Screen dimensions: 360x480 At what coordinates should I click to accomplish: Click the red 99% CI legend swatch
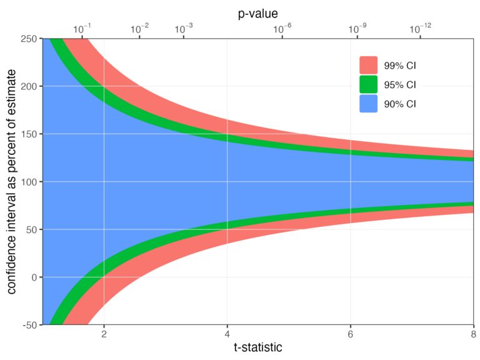click(x=369, y=66)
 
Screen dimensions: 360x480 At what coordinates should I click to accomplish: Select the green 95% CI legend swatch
click(x=369, y=84)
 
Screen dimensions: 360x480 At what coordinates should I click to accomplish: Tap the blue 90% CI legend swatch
click(x=369, y=104)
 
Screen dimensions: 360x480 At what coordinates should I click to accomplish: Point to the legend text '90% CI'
click(x=400, y=104)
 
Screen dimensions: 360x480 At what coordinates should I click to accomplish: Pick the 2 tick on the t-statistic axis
click(x=104, y=334)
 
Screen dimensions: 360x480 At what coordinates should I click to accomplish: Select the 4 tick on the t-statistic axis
click(x=227, y=334)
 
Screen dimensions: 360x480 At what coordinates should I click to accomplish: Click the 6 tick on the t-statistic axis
click(x=351, y=334)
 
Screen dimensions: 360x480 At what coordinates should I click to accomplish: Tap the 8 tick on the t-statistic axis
click(x=473, y=334)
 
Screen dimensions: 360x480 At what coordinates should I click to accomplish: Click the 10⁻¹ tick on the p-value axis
click(x=81, y=29)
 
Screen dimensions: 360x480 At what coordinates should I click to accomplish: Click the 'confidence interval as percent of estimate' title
click(x=11, y=182)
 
